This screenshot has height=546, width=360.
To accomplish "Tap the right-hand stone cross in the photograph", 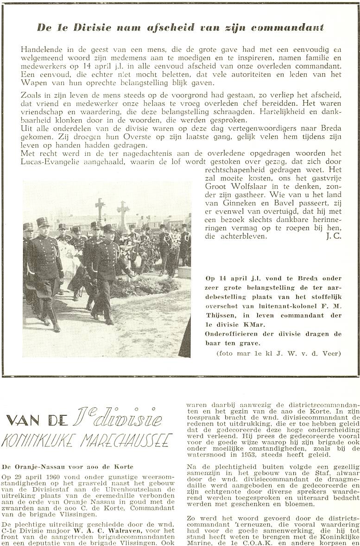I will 123,211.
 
